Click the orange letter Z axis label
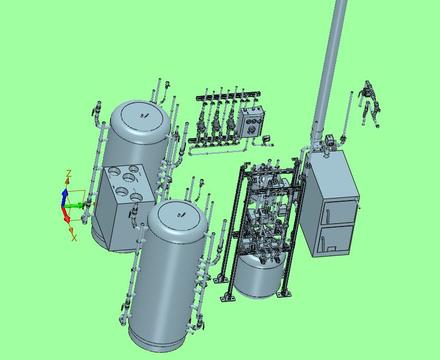(69, 173)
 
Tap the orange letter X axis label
(74, 237)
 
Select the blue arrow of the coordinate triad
(65, 197)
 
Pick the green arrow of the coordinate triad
(74, 206)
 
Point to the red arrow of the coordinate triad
(65, 215)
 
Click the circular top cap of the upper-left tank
(144, 116)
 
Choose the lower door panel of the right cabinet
(336, 240)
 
